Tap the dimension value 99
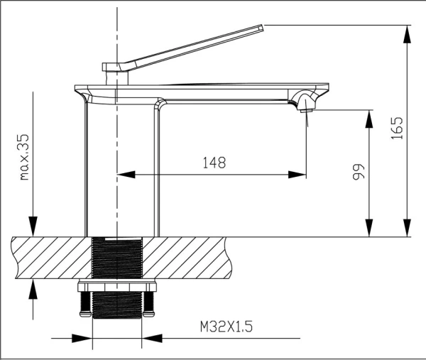(x=359, y=173)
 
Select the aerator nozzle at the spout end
(x=307, y=107)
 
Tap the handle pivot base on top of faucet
(x=114, y=68)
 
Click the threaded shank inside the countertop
(x=117, y=258)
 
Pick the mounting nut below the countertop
(x=117, y=288)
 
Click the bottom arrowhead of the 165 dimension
(x=408, y=231)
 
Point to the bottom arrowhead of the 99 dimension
(x=368, y=231)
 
